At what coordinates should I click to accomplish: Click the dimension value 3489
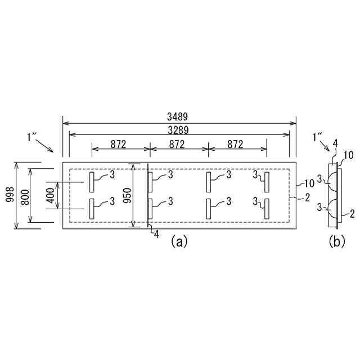(x=177, y=117)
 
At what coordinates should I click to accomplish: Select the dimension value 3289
(x=178, y=130)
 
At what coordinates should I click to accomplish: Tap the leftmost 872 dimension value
(x=118, y=145)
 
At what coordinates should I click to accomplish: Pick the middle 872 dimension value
(x=177, y=145)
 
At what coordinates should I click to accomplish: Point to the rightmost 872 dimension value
(x=235, y=145)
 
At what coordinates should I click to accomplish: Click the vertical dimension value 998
(x=10, y=195)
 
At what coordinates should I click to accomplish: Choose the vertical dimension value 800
(x=25, y=197)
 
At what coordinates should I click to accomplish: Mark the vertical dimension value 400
(x=51, y=196)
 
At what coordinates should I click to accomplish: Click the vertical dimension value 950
(x=127, y=195)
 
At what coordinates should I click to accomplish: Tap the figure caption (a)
(x=179, y=241)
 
